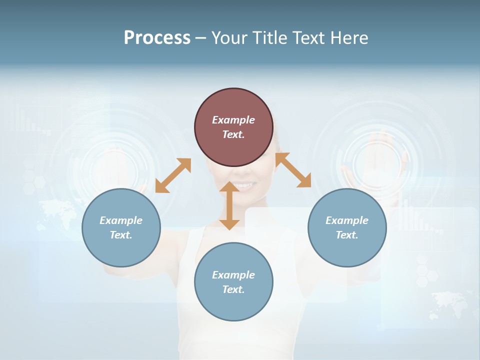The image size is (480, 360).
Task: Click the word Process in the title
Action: pyautogui.click(x=157, y=38)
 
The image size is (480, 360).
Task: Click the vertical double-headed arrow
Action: pyautogui.click(x=229, y=205)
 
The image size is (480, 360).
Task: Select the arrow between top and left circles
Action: pyautogui.click(x=173, y=175)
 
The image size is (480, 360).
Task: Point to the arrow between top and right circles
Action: pyautogui.click(x=293, y=170)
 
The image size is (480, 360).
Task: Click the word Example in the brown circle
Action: pyautogui.click(x=233, y=120)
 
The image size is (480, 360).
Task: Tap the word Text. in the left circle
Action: pyautogui.click(x=121, y=235)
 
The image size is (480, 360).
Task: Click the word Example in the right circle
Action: pyautogui.click(x=347, y=220)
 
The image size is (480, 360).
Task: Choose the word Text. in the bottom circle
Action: pyautogui.click(x=233, y=289)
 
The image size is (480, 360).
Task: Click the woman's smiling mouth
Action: pyautogui.click(x=244, y=185)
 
